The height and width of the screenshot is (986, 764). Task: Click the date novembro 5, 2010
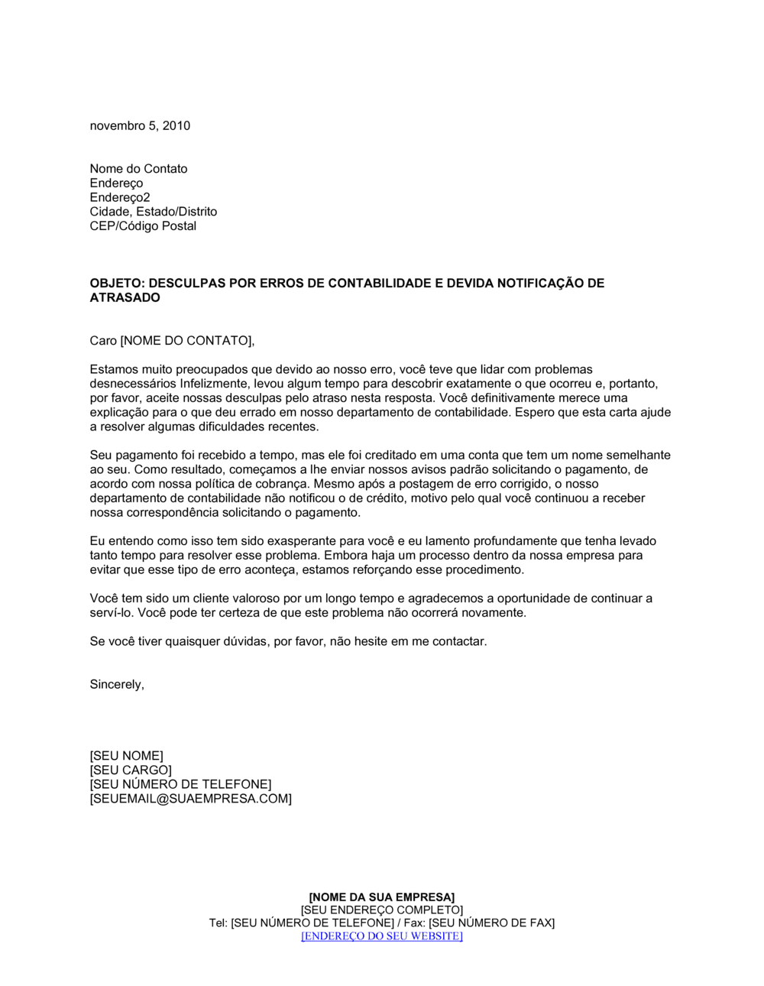pos(140,126)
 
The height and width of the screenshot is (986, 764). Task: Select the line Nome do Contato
pos(138,169)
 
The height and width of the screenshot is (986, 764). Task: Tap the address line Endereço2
pos(120,198)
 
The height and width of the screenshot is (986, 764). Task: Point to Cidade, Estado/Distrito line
pos(153,212)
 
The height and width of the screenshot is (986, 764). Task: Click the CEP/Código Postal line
pos(143,226)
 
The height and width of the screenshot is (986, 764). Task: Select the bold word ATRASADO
pos(125,298)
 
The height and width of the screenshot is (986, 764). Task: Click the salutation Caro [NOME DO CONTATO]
pos(172,341)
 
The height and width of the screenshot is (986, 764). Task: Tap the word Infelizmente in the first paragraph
pos(215,384)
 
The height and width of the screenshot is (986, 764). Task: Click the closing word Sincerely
pos(117,685)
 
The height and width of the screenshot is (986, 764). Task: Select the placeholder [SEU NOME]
pos(127,757)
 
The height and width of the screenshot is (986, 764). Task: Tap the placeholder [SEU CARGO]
pos(131,770)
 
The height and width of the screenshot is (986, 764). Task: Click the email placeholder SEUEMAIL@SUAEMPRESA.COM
pos(191,799)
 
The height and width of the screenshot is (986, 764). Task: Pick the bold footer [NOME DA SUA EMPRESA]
pos(382,897)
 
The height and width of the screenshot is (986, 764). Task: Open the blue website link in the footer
pos(382,936)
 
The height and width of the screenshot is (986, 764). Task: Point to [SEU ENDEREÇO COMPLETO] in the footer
pos(382,910)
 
